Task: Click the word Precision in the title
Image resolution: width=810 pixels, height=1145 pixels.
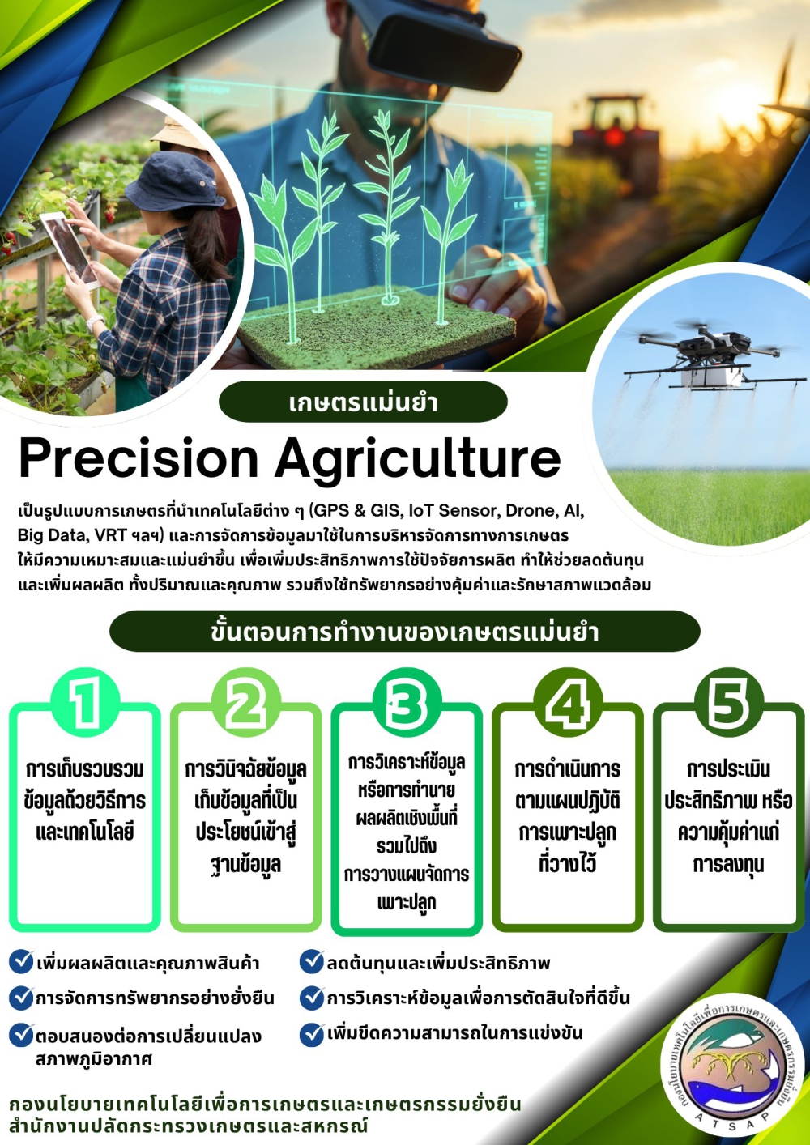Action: pos(138,458)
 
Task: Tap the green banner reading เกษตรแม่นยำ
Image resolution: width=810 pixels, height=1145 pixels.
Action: pos(363,402)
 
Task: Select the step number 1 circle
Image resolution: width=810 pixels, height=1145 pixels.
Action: pos(85,703)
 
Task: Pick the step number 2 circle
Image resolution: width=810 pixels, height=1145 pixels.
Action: pos(245,703)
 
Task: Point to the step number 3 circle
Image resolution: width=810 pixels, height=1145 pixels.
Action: pos(407,703)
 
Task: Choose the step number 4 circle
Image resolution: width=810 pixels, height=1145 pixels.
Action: pos(568,703)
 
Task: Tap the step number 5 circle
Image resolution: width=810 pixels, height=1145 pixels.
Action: pos(728,703)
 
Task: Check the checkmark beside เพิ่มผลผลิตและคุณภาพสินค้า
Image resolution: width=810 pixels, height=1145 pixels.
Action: pos(21,962)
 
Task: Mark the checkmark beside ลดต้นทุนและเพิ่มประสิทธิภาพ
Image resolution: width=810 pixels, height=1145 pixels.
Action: pos(312,962)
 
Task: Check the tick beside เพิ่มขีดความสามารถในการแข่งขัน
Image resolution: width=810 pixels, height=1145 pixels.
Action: pos(312,1034)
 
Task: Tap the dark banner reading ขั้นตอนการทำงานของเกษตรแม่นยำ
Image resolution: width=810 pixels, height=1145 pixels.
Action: pos(404,632)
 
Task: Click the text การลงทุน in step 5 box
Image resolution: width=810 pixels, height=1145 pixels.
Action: pos(728,865)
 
